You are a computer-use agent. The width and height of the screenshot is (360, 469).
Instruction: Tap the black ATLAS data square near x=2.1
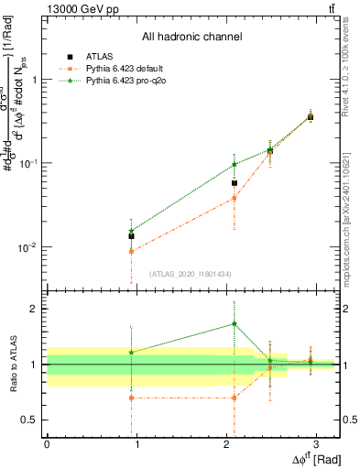[x=235, y=183]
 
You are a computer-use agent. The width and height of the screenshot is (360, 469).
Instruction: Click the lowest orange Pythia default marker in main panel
[x=132, y=251]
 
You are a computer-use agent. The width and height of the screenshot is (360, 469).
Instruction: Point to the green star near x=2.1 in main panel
[x=235, y=165]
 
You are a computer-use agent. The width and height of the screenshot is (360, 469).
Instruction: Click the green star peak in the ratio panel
[x=235, y=323]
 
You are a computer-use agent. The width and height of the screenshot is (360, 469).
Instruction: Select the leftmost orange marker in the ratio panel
[x=132, y=398]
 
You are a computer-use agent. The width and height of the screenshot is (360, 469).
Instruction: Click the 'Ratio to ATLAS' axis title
[x=11, y=364]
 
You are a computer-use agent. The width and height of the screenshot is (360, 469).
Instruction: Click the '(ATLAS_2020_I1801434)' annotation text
[x=191, y=274]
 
